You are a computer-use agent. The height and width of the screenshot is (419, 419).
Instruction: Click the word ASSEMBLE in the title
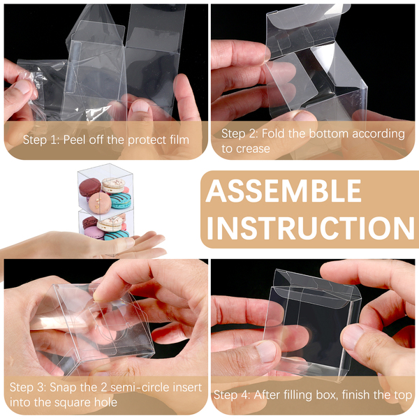click(284, 191)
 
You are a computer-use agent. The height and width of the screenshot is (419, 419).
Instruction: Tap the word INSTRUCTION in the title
click(310, 228)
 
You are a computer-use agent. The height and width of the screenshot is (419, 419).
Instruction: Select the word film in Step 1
click(179, 140)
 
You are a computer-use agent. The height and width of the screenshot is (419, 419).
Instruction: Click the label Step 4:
click(232, 395)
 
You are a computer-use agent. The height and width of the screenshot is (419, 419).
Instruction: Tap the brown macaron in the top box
click(90, 188)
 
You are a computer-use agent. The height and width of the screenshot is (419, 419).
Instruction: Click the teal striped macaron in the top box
click(121, 200)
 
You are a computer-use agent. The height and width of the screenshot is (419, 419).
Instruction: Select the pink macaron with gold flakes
click(100, 203)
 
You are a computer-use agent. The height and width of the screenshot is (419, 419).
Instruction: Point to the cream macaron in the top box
click(113, 185)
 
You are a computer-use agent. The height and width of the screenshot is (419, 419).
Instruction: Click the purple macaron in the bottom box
click(94, 233)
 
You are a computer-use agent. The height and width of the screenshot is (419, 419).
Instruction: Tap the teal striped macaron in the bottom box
click(117, 235)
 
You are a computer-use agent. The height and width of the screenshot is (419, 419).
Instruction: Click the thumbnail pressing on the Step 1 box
click(140, 106)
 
